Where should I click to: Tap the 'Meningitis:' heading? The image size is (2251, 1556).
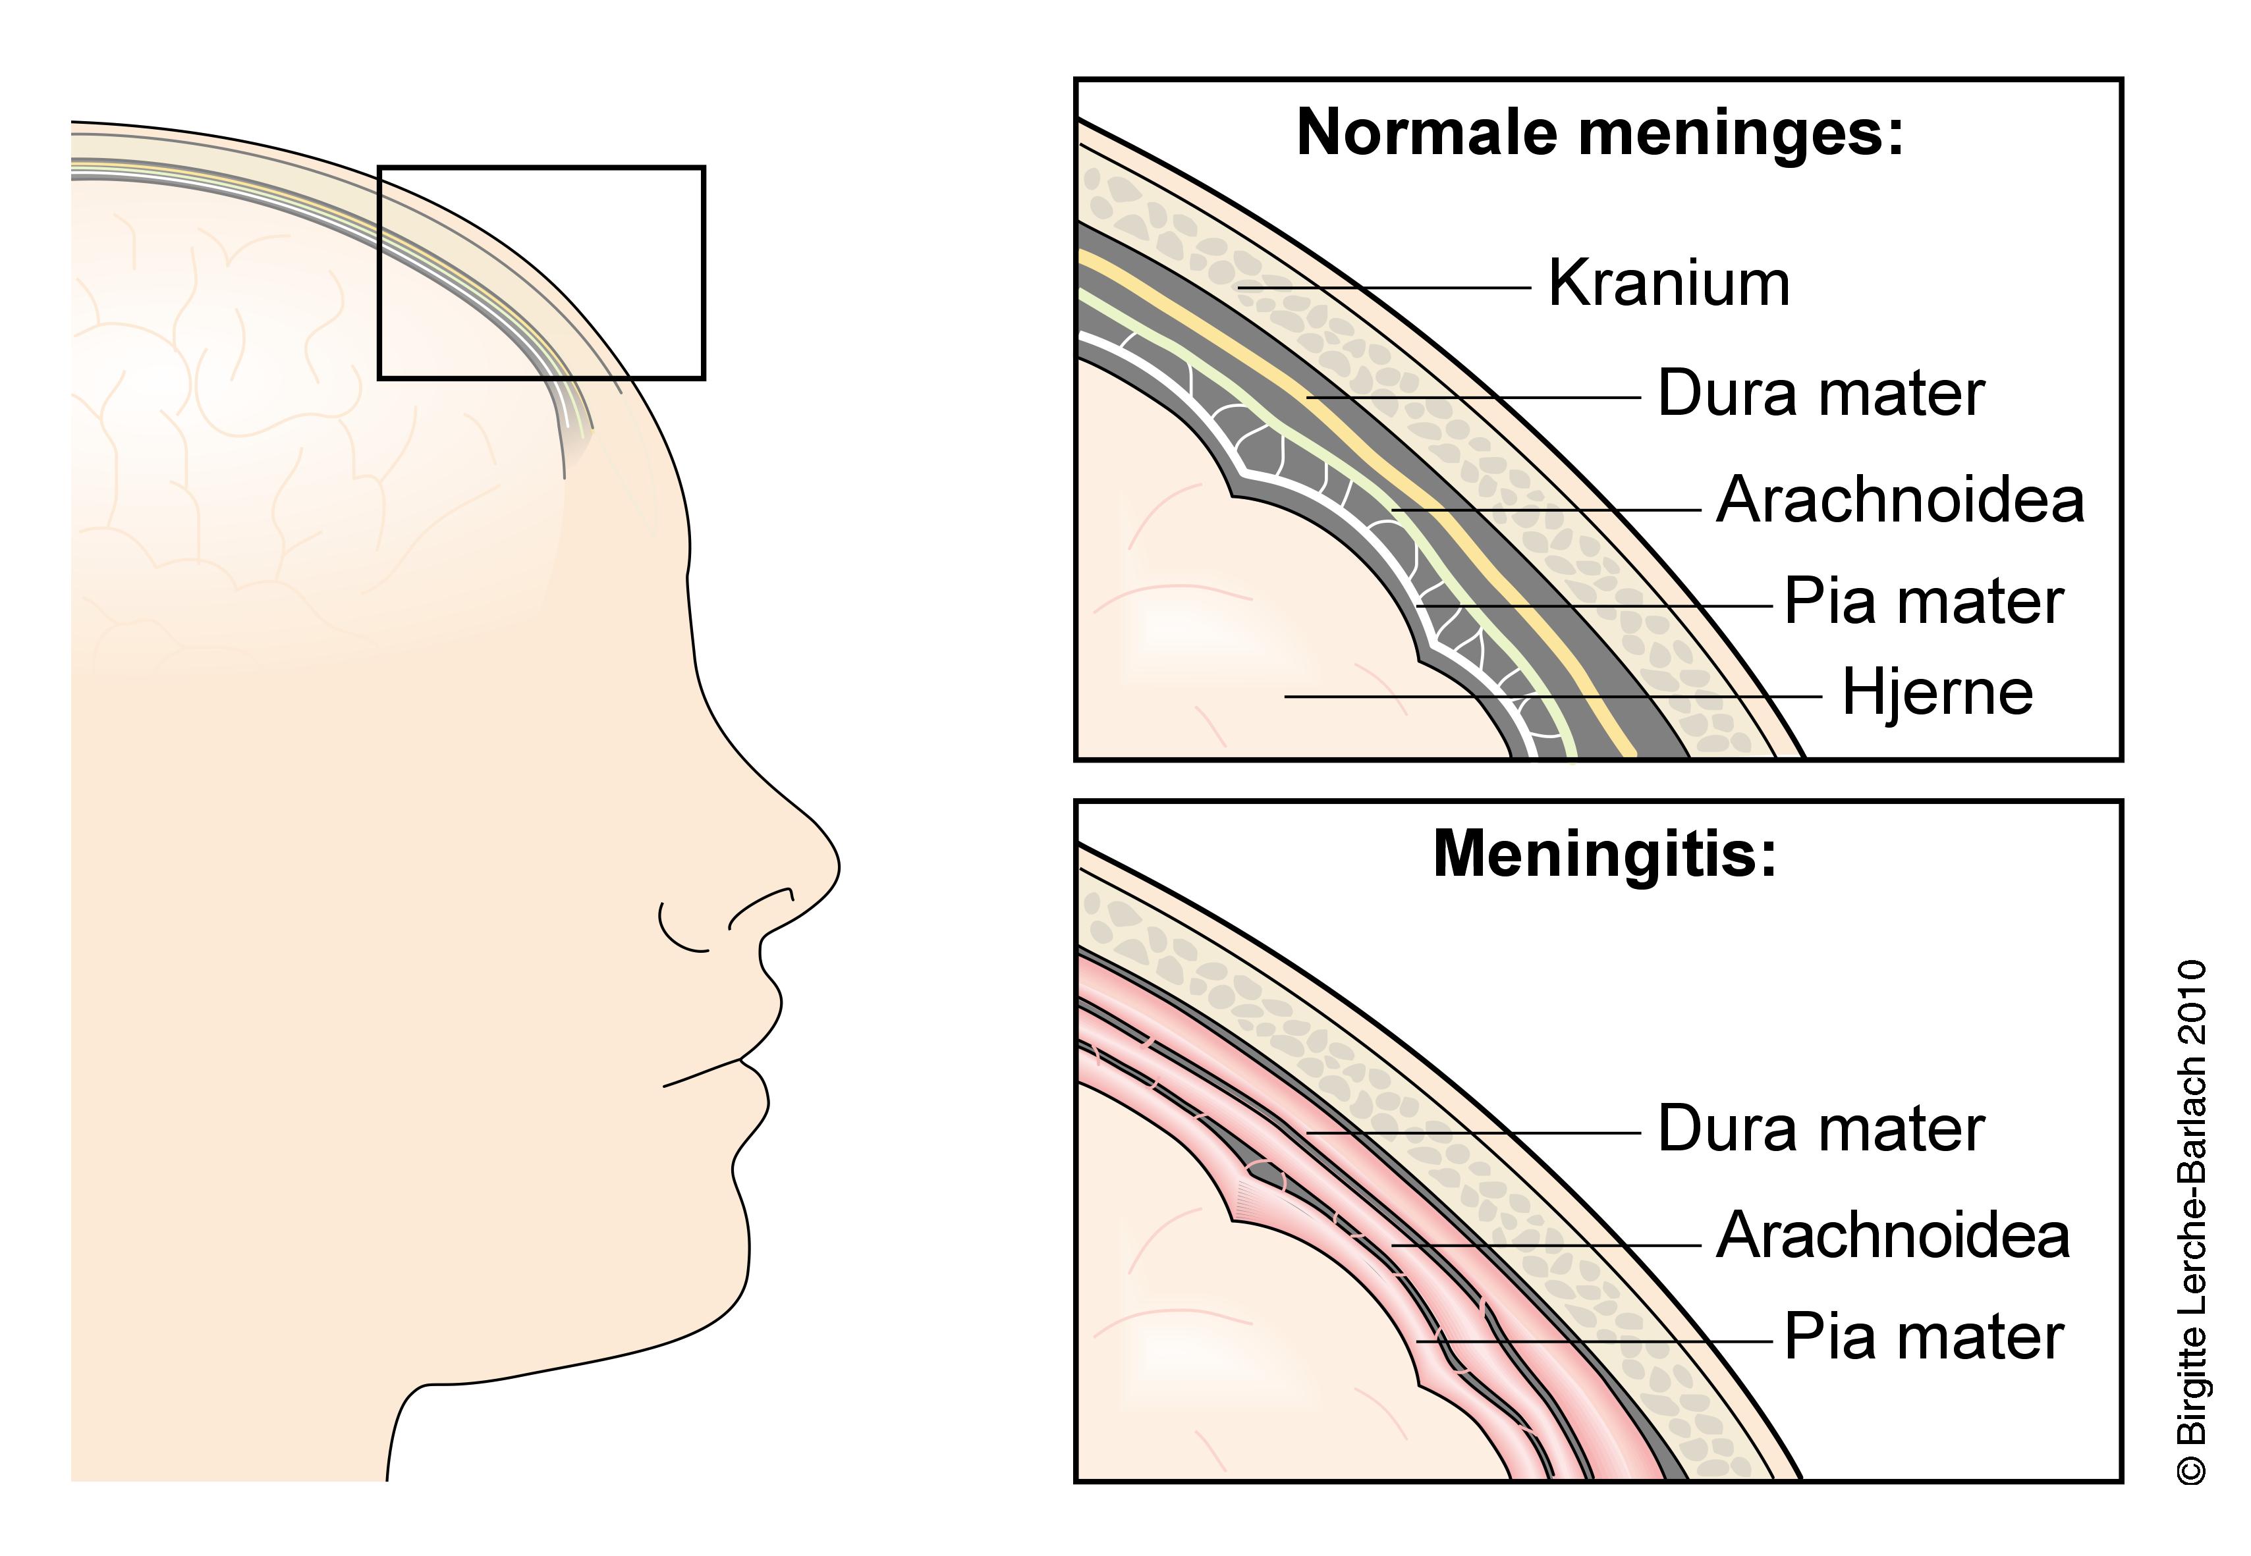[x=1604, y=854]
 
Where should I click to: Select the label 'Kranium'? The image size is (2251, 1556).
[x=1669, y=284]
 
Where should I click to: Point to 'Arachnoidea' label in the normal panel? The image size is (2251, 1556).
[x=1900, y=500]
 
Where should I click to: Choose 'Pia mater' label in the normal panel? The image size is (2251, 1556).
[x=1924, y=602]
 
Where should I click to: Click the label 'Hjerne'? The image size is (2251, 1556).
[x=1937, y=693]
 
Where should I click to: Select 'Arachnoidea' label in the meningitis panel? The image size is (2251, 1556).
[x=1892, y=1235]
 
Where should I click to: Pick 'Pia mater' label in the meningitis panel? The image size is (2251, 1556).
[x=1924, y=1337]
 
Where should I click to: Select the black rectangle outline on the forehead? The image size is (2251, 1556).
[x=542, y=168]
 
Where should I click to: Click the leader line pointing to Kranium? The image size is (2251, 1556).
[x=1385, y=288]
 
